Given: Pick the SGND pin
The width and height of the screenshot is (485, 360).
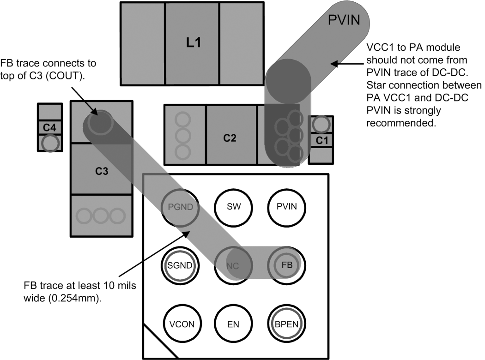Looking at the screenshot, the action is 180,265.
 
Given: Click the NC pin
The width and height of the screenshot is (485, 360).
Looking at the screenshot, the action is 233,265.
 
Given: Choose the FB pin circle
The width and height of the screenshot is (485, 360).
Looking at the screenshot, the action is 286,265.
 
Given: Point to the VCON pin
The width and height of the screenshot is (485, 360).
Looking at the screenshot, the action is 182,324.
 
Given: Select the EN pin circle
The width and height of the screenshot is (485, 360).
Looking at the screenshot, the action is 233,324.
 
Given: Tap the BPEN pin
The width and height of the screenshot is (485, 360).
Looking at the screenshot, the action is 286,324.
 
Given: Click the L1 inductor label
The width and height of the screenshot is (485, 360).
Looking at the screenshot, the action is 194,42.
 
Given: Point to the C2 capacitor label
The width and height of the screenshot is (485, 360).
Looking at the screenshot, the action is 230,138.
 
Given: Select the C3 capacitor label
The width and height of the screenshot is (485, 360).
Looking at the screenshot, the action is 102,171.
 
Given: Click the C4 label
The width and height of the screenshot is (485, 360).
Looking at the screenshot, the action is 49,127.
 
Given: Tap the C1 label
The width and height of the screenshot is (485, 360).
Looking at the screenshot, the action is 322,141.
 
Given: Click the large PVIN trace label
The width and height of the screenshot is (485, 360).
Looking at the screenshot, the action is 344,20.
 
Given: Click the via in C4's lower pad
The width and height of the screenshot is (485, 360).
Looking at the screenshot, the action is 50,144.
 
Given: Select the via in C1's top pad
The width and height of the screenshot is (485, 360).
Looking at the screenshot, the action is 321,125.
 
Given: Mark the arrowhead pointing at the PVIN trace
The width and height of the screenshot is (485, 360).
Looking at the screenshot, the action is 333,64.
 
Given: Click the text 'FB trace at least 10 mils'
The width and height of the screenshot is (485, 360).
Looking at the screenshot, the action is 80,285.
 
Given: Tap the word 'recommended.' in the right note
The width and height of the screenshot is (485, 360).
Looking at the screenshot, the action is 401,123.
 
